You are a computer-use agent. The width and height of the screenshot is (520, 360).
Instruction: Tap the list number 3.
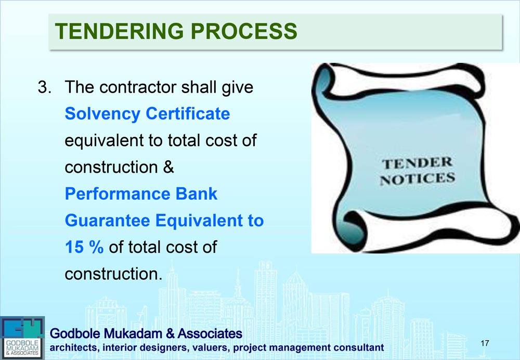pos(44,87)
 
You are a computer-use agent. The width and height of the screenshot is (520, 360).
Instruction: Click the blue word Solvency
pos(102,114)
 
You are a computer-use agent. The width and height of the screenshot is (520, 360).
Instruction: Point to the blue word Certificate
pos(188,113)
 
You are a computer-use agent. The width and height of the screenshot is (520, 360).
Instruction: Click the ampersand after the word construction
pos(168,167)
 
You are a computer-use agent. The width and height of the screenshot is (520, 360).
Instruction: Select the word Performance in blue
pos(118,194)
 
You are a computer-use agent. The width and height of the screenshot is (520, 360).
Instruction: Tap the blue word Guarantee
pos(107,220)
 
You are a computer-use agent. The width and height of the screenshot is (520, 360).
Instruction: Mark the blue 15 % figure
pos(84,247)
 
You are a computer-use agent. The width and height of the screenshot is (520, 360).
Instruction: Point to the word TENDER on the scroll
pos(417,163)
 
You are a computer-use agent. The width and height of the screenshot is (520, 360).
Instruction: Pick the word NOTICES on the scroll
pos(417,179)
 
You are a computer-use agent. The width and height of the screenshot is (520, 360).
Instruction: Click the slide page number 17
pos(485,343)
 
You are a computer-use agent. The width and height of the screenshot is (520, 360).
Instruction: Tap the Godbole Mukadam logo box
pos(22,338)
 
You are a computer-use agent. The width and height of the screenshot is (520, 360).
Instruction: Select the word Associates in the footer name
pos(210,333)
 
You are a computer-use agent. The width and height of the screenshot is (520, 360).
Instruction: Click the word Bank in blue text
pos(197,194)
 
